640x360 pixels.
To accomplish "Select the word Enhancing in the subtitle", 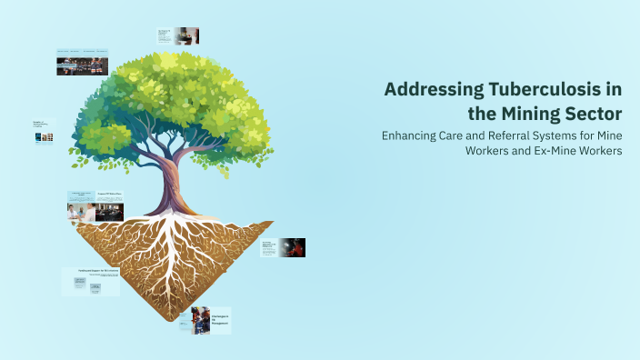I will pos(414,135).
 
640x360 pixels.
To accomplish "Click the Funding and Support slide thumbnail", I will pos(91,281).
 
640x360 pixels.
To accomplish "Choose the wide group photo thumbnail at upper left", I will pos(82,64).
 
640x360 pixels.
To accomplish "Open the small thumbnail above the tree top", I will pos(178,35).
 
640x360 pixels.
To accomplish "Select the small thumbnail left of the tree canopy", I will pos(43,133).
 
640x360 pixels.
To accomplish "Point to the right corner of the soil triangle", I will pos(272,223).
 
